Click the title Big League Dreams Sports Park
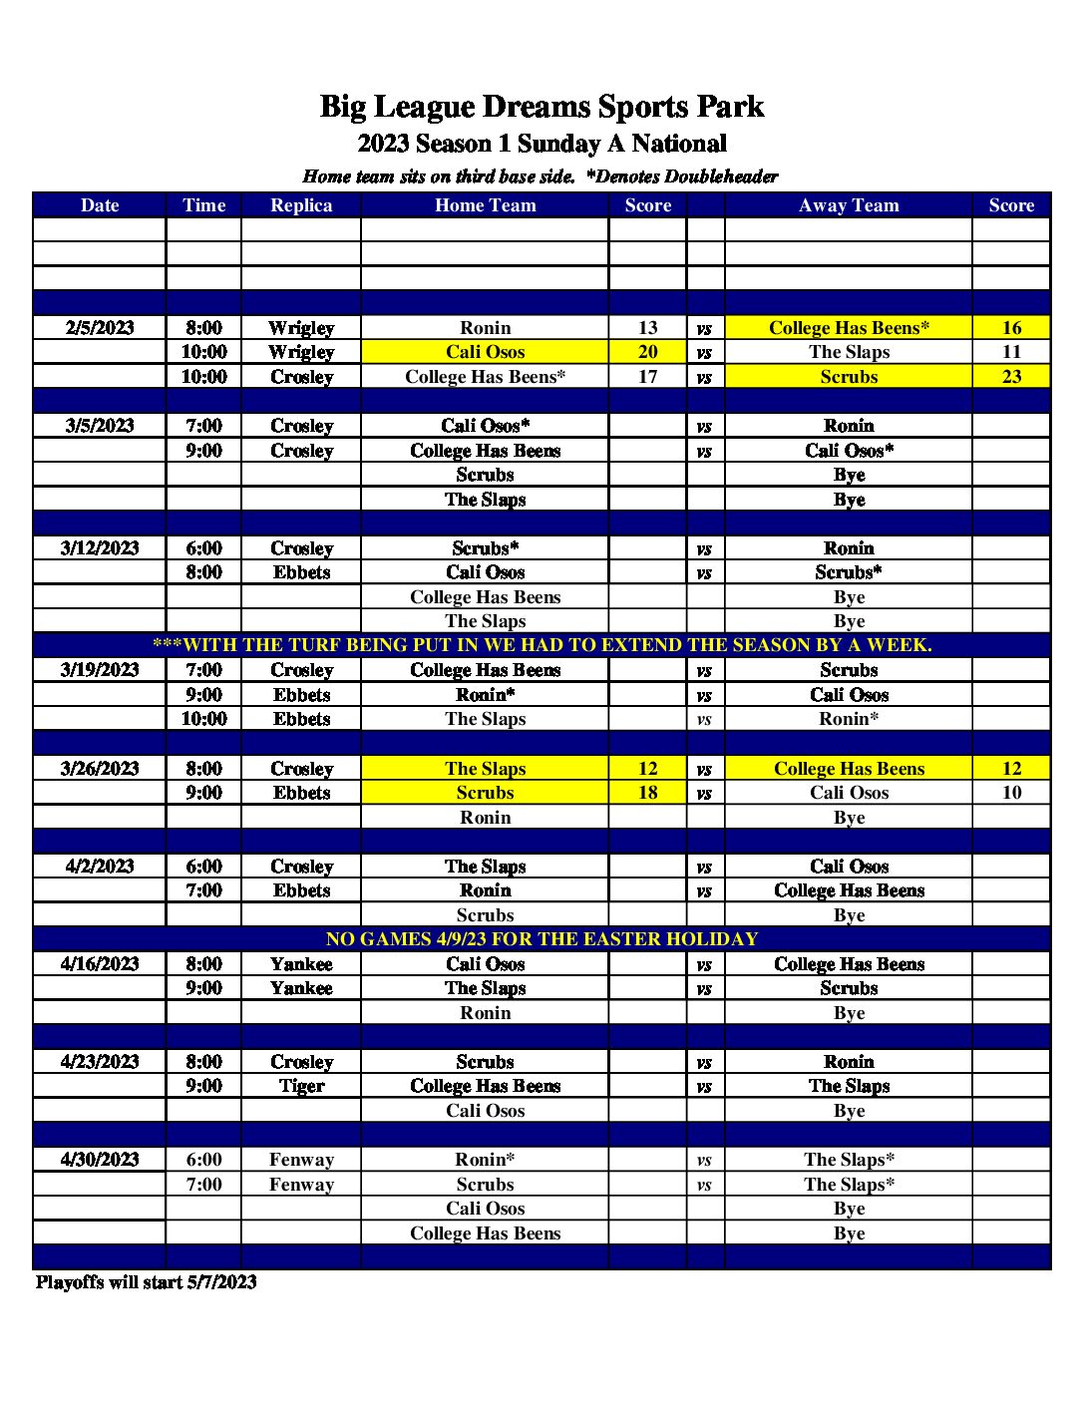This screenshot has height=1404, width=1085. [542, 107]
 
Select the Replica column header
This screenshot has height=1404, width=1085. [301, 205]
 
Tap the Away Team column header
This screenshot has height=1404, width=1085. [849, 205]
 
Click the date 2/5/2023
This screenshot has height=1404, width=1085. [100, 328]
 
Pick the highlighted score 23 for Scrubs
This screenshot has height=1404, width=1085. [1011, 377]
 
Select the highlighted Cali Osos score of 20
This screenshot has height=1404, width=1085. [648, 352]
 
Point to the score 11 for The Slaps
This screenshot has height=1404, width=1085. [1011, 352]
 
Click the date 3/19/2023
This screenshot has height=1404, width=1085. [100, 670]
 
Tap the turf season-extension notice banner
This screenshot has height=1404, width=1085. [542, 645]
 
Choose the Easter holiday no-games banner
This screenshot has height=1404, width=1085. [542, 939]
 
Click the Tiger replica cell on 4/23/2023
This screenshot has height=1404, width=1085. [301, 1086]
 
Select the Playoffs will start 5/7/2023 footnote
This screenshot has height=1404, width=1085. [147, 1282]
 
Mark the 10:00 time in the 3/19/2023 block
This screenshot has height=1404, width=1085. [203, 719]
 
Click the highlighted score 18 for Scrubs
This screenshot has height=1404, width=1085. [648, 793]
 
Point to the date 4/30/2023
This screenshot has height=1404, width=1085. [100, 1160]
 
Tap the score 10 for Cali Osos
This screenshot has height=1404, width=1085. [1011, 793]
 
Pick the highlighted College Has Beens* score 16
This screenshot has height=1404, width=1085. [1011, 328]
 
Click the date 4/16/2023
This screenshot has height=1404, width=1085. [100, 964]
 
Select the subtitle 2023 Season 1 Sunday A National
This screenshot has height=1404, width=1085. [542, 144]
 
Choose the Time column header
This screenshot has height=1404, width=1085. [203, 205]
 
